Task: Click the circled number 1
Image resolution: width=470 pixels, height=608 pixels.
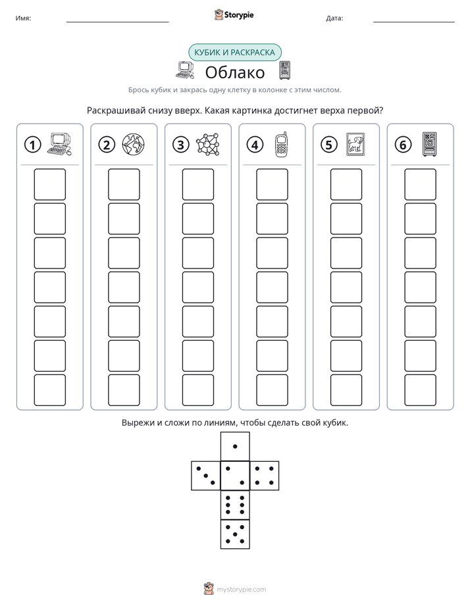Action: point(32,145)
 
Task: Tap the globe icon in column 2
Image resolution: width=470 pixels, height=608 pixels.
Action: point(133,145)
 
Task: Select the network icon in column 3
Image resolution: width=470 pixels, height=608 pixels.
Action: point(207,145)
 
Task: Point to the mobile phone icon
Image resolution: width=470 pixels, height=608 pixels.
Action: point(282,145)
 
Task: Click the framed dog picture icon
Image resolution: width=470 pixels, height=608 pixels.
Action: point(355,144)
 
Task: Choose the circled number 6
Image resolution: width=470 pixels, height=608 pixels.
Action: point(403,145)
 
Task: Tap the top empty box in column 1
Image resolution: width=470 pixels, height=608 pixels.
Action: point(49,184)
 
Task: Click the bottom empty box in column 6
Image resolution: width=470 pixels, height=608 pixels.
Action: point(421,390)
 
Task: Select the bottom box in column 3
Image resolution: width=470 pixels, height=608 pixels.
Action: point(198,390)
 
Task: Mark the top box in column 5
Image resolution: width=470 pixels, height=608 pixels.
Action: point(346,184)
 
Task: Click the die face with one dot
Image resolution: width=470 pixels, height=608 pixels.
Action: point(235,446)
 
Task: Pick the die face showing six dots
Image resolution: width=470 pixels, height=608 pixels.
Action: point(235,505)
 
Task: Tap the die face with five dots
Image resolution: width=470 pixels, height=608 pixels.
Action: point(235,534)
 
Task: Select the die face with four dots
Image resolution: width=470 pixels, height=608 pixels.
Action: point(265,475)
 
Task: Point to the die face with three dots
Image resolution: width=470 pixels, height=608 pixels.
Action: point(206,475)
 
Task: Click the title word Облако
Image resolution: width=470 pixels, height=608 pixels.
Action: point(235,72)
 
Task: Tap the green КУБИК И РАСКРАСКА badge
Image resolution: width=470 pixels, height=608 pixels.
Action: point(235,53)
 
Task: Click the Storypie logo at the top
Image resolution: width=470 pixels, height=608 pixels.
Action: point(234,14)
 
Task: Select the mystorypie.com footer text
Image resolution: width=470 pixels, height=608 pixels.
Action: point(241,590)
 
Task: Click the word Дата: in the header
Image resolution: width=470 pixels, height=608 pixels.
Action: point(334,18)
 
